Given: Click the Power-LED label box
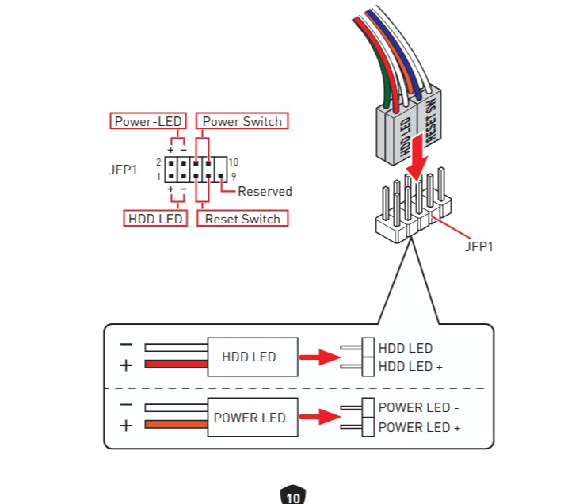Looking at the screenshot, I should click(147, 121).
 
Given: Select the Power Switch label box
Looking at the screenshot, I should click(242, 121).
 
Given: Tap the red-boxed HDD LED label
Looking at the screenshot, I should click(154, 218).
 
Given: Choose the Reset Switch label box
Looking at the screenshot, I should click(242, 218).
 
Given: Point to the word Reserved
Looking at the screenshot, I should click(265, 191).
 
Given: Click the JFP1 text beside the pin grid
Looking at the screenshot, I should click(124, 169).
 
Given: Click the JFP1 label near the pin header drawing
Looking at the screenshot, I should click(479, 246).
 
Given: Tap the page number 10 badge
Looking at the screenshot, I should click(293, 497).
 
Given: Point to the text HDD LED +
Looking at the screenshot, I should click(410, 366).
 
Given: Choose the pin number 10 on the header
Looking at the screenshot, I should click(233, 162).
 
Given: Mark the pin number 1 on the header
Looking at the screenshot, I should click(158, 175).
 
